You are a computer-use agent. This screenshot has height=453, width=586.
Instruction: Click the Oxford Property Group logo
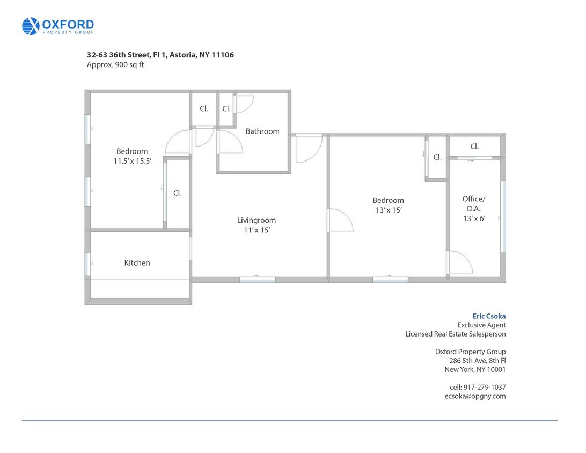pyautogui.click(x=58, y=26)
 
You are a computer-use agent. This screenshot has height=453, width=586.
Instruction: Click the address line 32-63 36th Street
pyautogui.click(x=160, y=55)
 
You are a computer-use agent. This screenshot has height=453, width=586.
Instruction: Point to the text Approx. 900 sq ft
pyautogui.click(x=115, y=64)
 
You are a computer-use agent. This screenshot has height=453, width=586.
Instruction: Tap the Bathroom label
pyautogui.click(x=262, y=131)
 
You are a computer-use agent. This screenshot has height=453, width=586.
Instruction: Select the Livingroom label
pyautogui.click(x=257, y=221)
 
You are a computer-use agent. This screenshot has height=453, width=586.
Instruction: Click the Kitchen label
pyautogui.click(x=137, y=263)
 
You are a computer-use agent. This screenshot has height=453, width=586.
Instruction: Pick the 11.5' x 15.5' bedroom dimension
pyautogui.click(x=133, y=161)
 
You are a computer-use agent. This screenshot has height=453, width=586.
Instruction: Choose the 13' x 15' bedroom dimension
pyautogui.click(x=389, y=210)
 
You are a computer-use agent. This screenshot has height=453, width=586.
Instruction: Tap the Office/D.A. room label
pyautogui.click(x=474, y=204)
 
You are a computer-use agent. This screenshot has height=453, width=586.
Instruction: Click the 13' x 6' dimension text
pyautogui.click(x=474, y=218)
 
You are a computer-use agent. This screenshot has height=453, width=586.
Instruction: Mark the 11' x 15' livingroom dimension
pyautogui.click(x=257, y=230)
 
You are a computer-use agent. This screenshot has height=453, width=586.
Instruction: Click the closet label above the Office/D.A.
pyautogui.click(x=474, y=147)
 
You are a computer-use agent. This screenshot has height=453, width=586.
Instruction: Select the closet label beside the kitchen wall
pyautogui.click(x=178, y=193)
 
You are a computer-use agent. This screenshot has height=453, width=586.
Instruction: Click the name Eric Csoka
pyautogui.click(x=489, y=316)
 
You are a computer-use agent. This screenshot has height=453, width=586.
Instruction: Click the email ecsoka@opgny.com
pyautogui.click(x=475, y=396)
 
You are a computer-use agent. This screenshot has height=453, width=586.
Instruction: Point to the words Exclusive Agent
pyautogui.click(x=481, y=325)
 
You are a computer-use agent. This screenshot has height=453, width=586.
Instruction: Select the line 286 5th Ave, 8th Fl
pyautogui.click(x=478, y=361)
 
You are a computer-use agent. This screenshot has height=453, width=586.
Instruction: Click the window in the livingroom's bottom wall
pyautogui.click(x=258, y=280)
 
